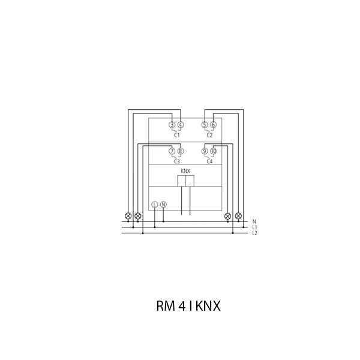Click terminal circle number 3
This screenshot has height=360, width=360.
(172, 125)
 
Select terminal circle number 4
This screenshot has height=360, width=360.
(181, 125)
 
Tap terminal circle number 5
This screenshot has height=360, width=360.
(205, 125)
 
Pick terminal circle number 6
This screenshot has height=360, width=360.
(213, 125)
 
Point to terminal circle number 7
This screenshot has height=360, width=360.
(172, 151)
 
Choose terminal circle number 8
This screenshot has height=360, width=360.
(181, 151)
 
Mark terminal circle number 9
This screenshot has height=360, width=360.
(205, 151)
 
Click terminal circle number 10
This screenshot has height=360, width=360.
(213, 151)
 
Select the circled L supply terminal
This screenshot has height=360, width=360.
(155, 205)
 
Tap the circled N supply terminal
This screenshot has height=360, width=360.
(163, 205)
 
